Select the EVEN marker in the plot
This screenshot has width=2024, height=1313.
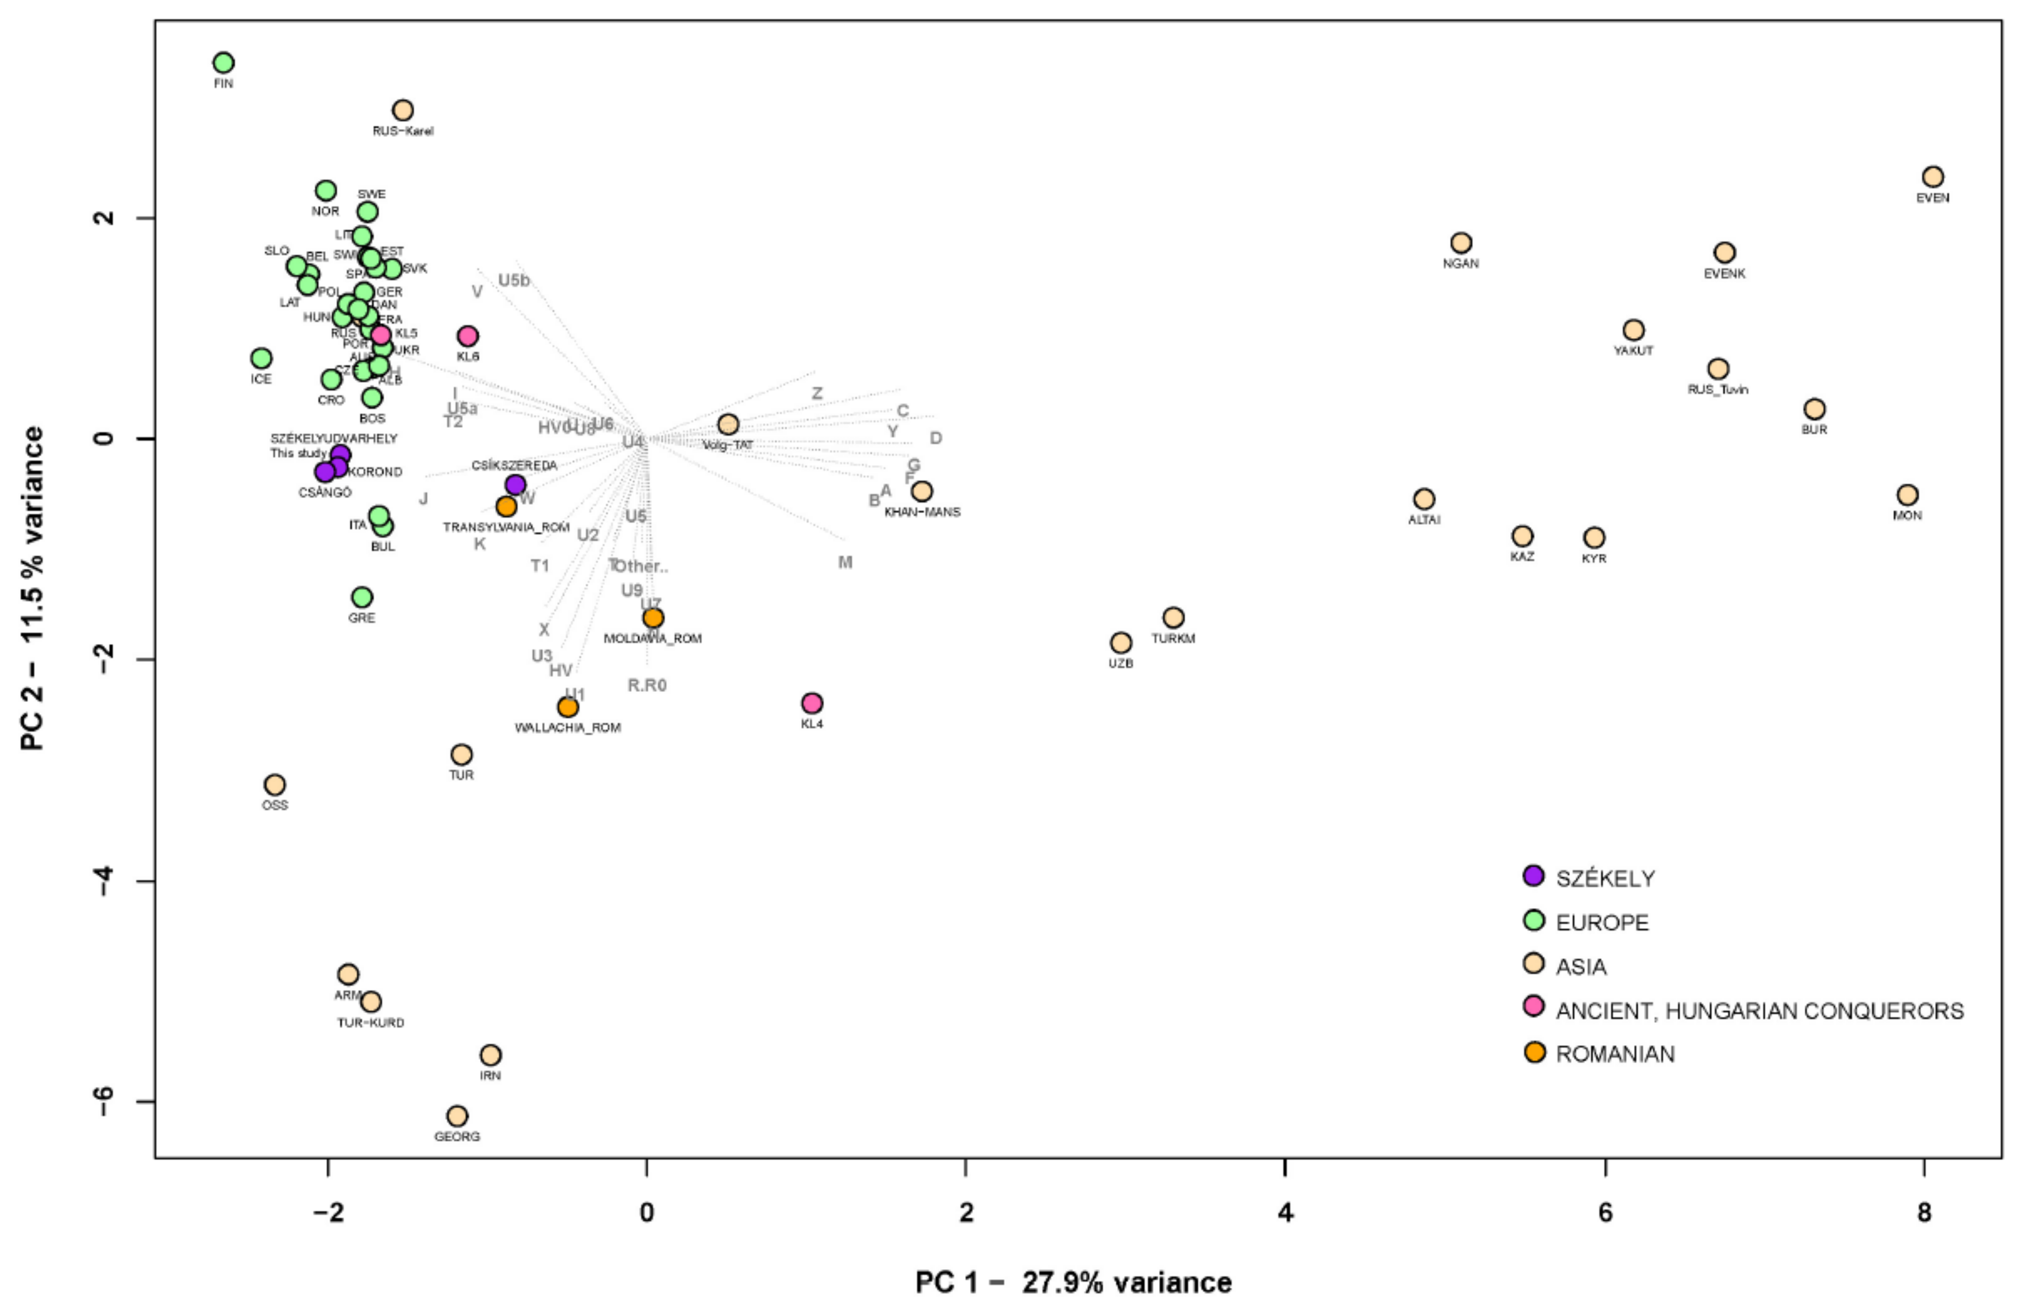click(1932, 177)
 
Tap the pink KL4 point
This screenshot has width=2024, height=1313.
click(812, 703)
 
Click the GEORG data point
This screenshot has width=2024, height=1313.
click(458, 1116)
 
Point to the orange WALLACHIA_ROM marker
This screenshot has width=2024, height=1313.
click(568, 708)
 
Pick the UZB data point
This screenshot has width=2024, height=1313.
click(1121, 643)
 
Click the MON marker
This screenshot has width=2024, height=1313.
click(1908, 495)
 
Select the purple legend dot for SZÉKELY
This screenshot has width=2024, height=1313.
click(1533, 876)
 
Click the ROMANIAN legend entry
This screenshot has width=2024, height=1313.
click(1615, 1055)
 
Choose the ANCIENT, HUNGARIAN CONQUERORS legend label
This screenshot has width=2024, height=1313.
click(1759, 1011)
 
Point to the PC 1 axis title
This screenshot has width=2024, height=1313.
click(1073, 1282)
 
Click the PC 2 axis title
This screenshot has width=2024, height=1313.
click(32, 588)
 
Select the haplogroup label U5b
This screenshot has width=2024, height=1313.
click(514, 281)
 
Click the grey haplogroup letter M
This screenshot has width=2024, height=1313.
click(844, 562)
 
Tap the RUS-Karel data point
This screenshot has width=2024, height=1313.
click(403, 111)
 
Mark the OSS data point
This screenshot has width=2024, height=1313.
click(275, 784)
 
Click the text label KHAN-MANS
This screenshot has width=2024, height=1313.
click(922, 512)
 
